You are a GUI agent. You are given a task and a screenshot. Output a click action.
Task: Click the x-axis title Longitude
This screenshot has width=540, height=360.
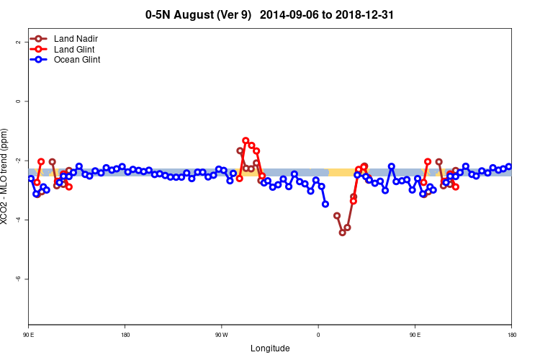pyautogui.click(x=270, y=348)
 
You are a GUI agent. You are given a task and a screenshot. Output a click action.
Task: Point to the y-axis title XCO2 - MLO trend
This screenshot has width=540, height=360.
pyautogui.click(x=6, y=176)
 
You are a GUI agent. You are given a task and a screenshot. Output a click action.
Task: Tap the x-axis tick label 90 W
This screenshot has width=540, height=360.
pyautogui.click(x=221, y=335)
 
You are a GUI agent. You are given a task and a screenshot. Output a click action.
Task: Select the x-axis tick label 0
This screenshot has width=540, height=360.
pyautogui.click(x=318, y=335)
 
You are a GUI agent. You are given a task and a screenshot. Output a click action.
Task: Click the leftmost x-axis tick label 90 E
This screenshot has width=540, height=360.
pyautogui.click(x=28, y=335)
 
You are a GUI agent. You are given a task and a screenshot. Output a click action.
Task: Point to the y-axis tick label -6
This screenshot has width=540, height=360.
pyautogui.click(x=17, y=279)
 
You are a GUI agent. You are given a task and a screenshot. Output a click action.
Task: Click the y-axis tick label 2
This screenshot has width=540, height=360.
pyautogui.click(x=17, y=42)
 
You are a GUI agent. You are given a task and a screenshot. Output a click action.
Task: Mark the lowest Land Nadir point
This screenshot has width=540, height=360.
pyautogui.click(x=342, y=233)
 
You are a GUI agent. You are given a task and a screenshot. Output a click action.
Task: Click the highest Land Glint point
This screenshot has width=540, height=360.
pyautogui.click(x=246, y=140)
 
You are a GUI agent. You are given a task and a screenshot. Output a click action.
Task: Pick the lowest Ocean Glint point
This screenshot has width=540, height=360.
pyautogui.click(x=325, y=204)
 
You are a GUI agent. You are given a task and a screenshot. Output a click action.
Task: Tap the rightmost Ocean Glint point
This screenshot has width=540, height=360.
pyautogui.click(x=508, y=166)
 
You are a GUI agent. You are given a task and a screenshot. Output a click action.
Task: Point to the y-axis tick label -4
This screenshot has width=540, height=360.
pyautogui.click(x=17, y=220)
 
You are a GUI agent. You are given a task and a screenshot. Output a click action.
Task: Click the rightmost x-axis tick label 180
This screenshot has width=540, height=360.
pyautogui.click(x=511, y=335)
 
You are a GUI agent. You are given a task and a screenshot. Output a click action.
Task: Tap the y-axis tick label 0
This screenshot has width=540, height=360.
pyautogui.click(x=17, y=101)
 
